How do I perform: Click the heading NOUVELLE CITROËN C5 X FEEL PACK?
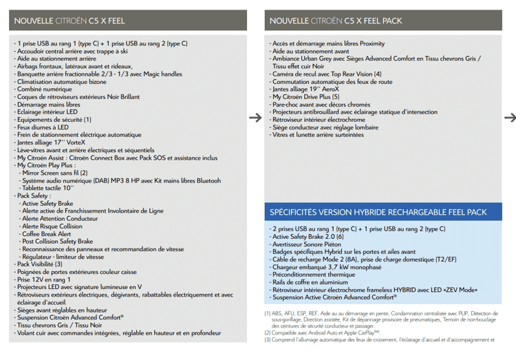point(336,21)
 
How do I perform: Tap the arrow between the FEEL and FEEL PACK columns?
point(255,118)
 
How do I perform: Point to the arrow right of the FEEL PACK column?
point(510,118)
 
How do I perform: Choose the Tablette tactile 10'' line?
point(48,188)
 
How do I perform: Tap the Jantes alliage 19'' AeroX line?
point(305,89)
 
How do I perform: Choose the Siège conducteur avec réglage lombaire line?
point(325,127)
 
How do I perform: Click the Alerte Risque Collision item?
point(52,226)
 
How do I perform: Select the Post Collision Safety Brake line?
point(57,242)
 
